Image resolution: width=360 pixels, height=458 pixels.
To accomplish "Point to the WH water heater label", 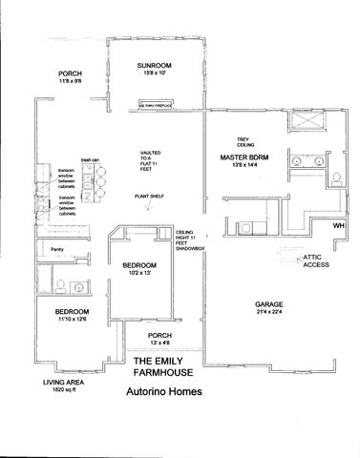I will click(x=337, y=225).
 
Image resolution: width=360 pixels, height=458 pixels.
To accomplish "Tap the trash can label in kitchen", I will click(x=91, y=159).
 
